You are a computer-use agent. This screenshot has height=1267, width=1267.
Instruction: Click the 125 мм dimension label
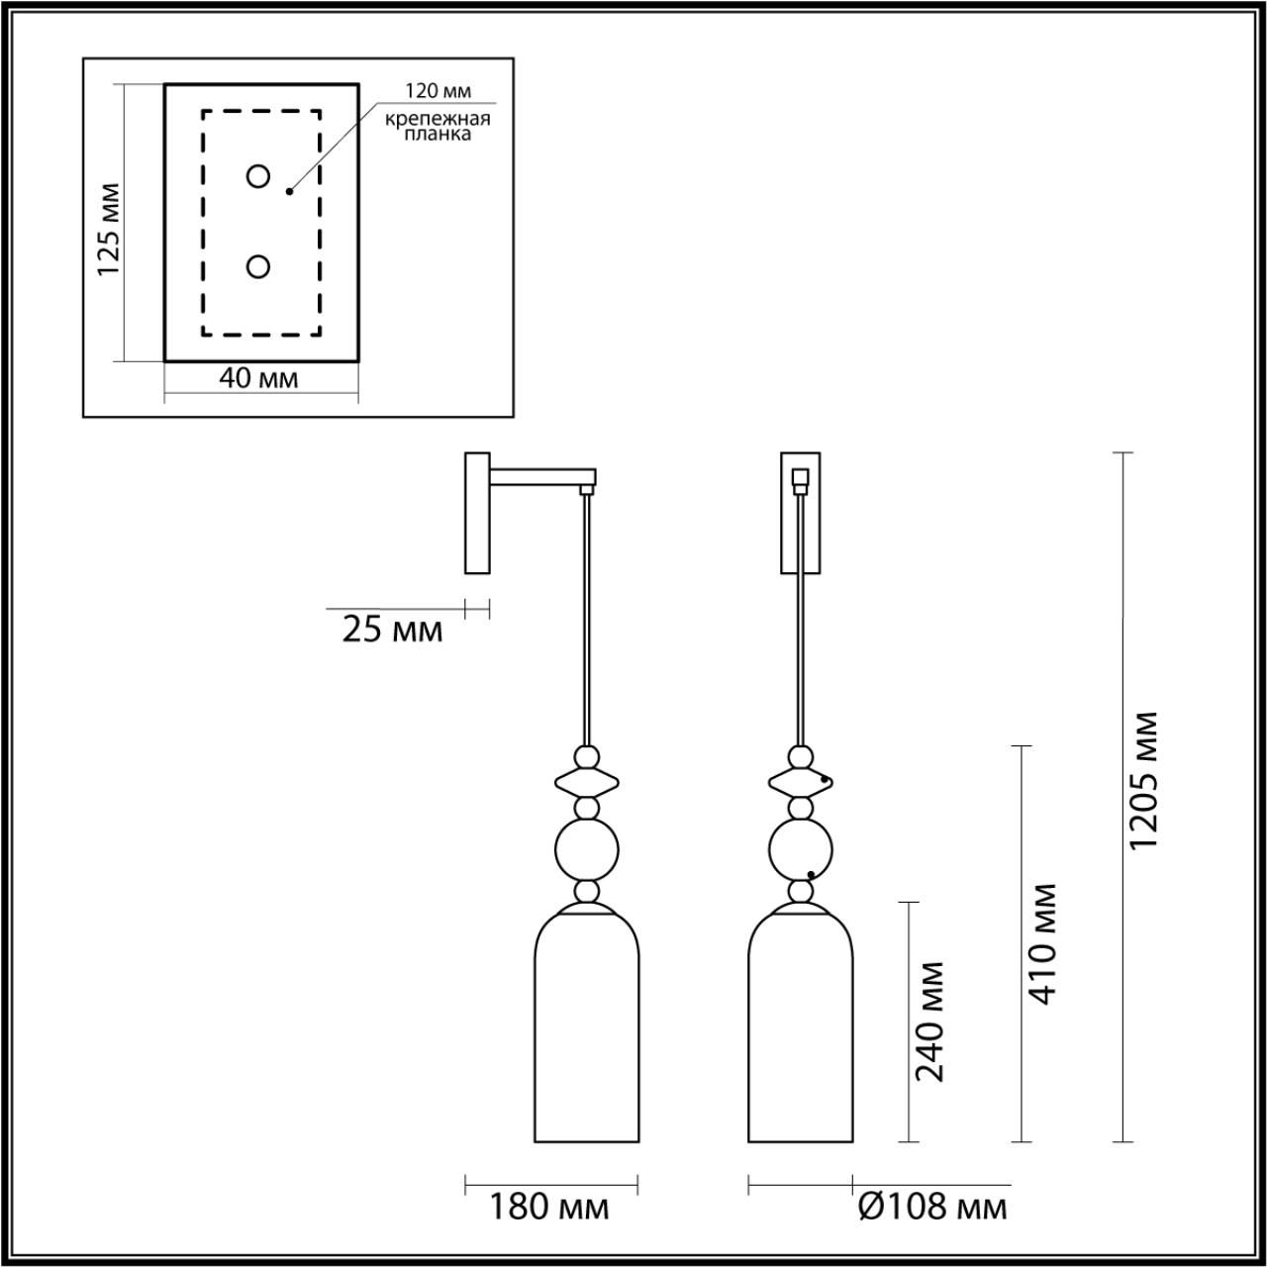pyautogui.click(x=109, y=229)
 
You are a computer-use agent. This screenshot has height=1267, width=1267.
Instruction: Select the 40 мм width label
pyautogui.click(x=258, y=378)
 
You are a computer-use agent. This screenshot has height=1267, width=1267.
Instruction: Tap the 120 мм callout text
pyautogui.click(x=438, y=91)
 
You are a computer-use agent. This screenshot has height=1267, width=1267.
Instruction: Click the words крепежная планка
pyautogui.click(x=438, y=127)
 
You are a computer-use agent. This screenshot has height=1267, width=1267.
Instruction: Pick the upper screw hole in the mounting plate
pyautogui.click(x=257, y=176)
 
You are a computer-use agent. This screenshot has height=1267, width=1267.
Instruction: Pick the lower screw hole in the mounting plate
pyautogui.click(x=257, y=267)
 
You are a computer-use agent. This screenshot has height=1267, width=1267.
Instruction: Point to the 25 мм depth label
pyautogui.click(x=393, y=630)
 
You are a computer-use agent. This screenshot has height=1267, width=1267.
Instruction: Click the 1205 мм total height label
pyautogui.click(x=1142, y=780)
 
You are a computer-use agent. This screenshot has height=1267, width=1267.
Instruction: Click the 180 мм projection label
pyautogui.click(x=549, y=1208)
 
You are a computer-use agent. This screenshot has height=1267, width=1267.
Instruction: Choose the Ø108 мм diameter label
pyautogui.click(x=933, y=1208)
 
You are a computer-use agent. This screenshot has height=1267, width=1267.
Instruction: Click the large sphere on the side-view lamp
pyautogui.click(x=587, y=849)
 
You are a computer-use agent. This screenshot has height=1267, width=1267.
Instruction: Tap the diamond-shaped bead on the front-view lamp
pyautogui.click(x=801, y=782)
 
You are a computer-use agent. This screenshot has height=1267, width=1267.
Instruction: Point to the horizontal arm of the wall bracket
pyautogui.click(x=543, y=477)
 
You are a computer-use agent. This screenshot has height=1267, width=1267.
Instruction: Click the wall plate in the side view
pyautogui.click(x=477, y=513)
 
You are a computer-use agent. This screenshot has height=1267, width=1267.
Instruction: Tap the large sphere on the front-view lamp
pyautogui.click(x=801, y=849)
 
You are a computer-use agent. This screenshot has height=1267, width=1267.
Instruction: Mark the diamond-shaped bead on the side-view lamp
pyautogui.click(x=587, y=782)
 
